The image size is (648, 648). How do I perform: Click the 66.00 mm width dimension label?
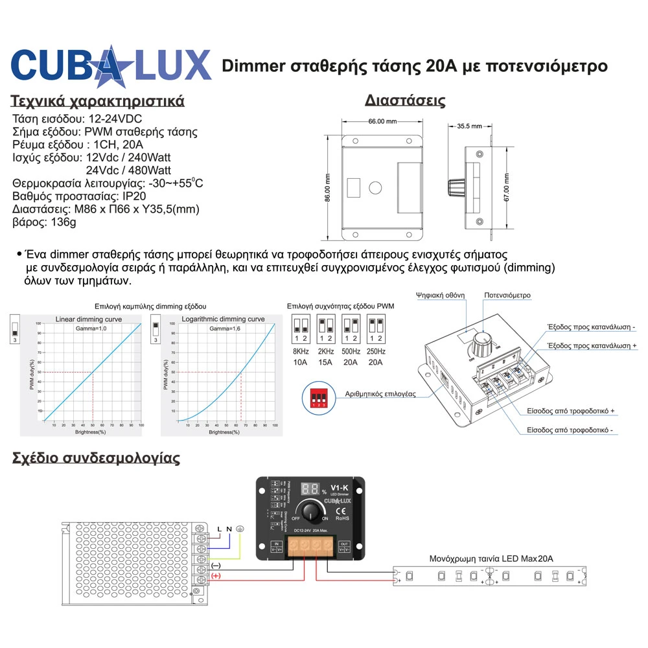[x=382, y=121]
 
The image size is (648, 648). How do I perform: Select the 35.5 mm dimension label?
[x=469, y=126]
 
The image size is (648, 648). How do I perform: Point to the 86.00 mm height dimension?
[x=328, y=187]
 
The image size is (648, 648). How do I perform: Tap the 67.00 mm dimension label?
[x=507, y=187]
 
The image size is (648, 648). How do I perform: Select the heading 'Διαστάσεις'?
[x=404, y=100]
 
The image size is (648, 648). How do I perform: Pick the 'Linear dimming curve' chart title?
[x=88, y=319]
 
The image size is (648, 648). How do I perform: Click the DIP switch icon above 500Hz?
[x=351, y=328]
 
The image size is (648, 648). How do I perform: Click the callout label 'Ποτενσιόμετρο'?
[x=507, y=295]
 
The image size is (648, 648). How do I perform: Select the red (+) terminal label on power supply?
[x=216, y=575]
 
